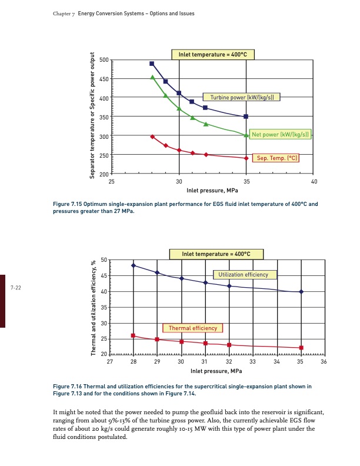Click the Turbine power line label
(241, 97)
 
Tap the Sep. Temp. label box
(276, 158)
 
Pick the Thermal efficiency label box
(192, 328)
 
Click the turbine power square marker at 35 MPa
(246, 116)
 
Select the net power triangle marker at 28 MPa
(152, 77)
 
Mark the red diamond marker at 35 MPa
(246, 158)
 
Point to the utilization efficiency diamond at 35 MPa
(301, 292)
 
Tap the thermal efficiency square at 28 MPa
(134, 335)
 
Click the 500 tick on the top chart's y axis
(104, 60)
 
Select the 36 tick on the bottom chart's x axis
(324, 362)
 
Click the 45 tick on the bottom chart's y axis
(104, 276)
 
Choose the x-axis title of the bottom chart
(216, 371)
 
